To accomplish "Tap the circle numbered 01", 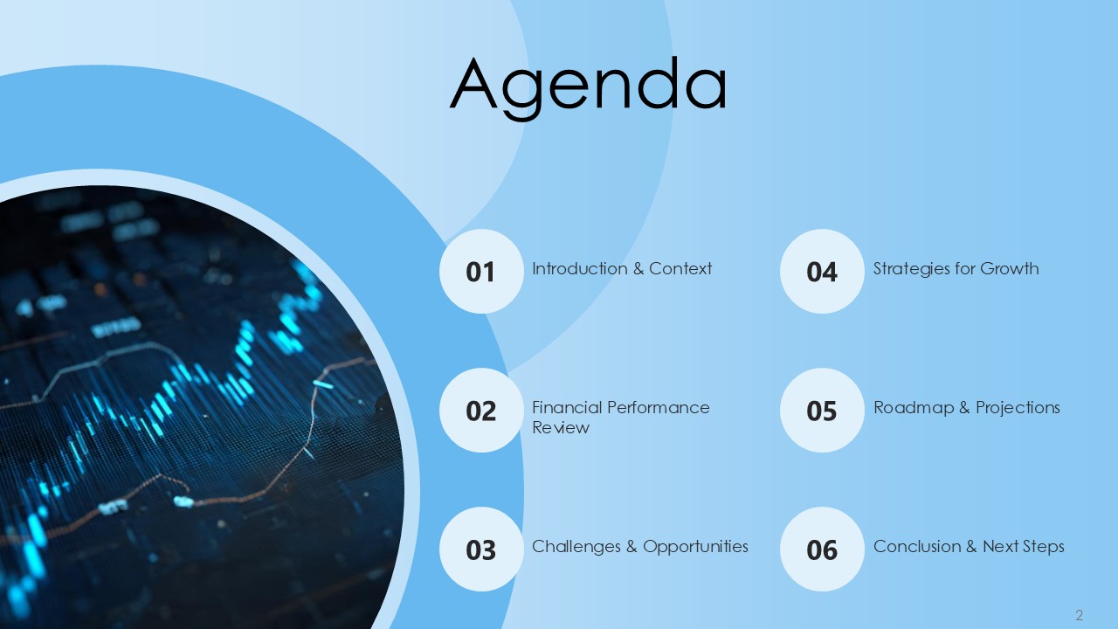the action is [x=481, y=272].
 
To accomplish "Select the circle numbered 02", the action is [x=481, y=411].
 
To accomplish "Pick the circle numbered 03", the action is [x=481, y=550].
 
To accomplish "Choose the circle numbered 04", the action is [x=822, y=272].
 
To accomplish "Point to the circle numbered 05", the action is [x=822, y=411].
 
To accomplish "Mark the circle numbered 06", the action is [x=822, y=550].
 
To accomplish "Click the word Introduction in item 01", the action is [x=580, y=268].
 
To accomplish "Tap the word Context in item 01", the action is [x=680, y=268].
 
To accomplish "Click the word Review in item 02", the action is [x=561, y=428].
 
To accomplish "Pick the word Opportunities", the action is [x=695, y=547].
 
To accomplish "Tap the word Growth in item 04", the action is [x=1010, y=268].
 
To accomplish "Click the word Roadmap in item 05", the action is [x=914, y=408].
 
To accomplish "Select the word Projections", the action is [x=1018, y=408].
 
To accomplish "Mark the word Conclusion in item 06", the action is [x=917, y=547].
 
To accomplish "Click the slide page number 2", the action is [x=1079, y=614].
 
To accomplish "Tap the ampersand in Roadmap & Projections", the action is [x=965, y=408].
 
